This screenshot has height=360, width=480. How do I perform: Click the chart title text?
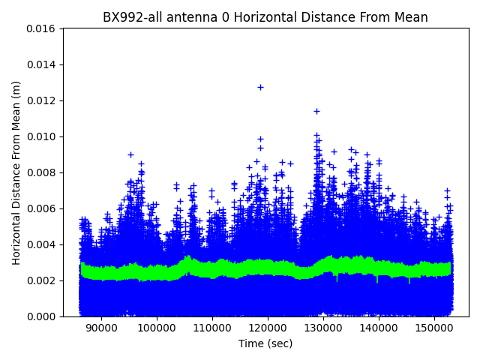coord(265,17)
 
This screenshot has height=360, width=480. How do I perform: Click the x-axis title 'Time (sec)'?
coord(265,343)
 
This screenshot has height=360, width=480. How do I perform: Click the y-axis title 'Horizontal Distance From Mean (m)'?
coord(16,172)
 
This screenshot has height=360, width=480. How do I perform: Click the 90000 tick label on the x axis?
coord(100,328)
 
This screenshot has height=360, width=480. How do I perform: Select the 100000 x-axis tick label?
coord(156,328)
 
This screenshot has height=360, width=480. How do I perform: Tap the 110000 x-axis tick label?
coord(211,328)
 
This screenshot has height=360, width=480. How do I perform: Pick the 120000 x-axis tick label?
coord(267,328)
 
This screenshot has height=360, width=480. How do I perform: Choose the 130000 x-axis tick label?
coord(322,328)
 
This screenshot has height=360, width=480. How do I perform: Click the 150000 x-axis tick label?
coord(433,328)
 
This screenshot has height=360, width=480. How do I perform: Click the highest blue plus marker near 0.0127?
coord(260,87)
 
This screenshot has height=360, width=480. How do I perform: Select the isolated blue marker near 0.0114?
coord(316,111)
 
